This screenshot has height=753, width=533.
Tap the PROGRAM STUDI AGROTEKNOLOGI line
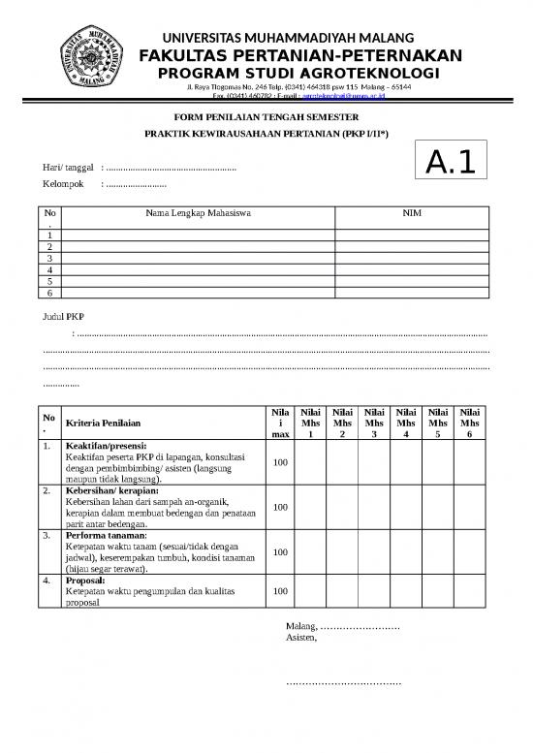point(298,75)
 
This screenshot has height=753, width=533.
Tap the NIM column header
point(412,212)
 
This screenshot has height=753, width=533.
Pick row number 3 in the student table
point(50,258)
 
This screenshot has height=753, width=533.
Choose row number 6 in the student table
point(50,292)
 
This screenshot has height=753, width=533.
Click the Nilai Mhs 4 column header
point(406,423)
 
